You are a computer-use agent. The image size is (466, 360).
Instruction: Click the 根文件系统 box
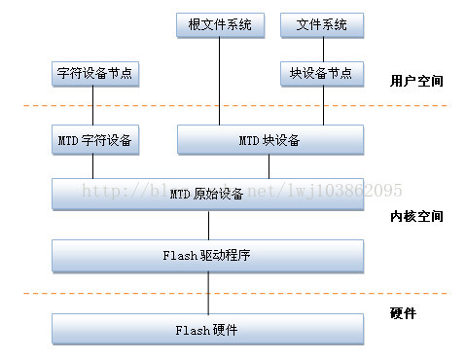point(220,24)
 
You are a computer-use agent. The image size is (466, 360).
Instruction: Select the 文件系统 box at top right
point(321,24)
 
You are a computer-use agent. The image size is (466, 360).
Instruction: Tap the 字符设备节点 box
point(93,73)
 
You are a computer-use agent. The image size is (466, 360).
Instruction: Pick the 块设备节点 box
point(321,73)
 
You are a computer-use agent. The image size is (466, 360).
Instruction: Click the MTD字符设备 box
point(93,140)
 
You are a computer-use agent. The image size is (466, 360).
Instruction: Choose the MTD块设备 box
point(269,140)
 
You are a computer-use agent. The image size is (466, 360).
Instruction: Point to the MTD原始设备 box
point(207,194)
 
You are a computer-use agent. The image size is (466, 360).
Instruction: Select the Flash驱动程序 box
point(207,256)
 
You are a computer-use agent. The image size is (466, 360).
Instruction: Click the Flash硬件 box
point(207,329)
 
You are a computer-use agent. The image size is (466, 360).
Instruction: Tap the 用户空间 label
point(415,80)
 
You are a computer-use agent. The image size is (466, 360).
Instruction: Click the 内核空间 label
point(415,216)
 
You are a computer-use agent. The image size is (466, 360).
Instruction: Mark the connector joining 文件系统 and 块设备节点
point(321,49)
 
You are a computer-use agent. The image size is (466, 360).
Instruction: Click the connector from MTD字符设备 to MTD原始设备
point(93,166)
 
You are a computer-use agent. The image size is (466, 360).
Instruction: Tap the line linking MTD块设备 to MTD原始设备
point(269,166)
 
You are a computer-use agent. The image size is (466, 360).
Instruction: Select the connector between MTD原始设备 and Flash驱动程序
point(207,225)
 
